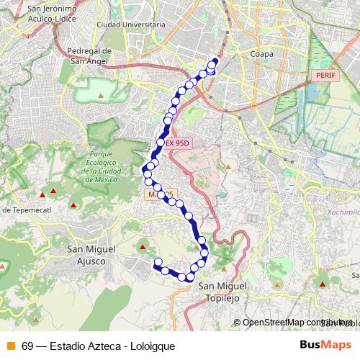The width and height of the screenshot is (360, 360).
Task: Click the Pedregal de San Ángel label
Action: pyautogui.click(x=89, y=55)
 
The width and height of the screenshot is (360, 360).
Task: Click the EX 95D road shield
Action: pyautogui.click(x=177, y=143)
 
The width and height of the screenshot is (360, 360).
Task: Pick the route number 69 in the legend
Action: pyautogui.click(x=27, y=346)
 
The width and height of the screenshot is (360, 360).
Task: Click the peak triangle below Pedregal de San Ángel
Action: pyautogui.click(x=101, y=94)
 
